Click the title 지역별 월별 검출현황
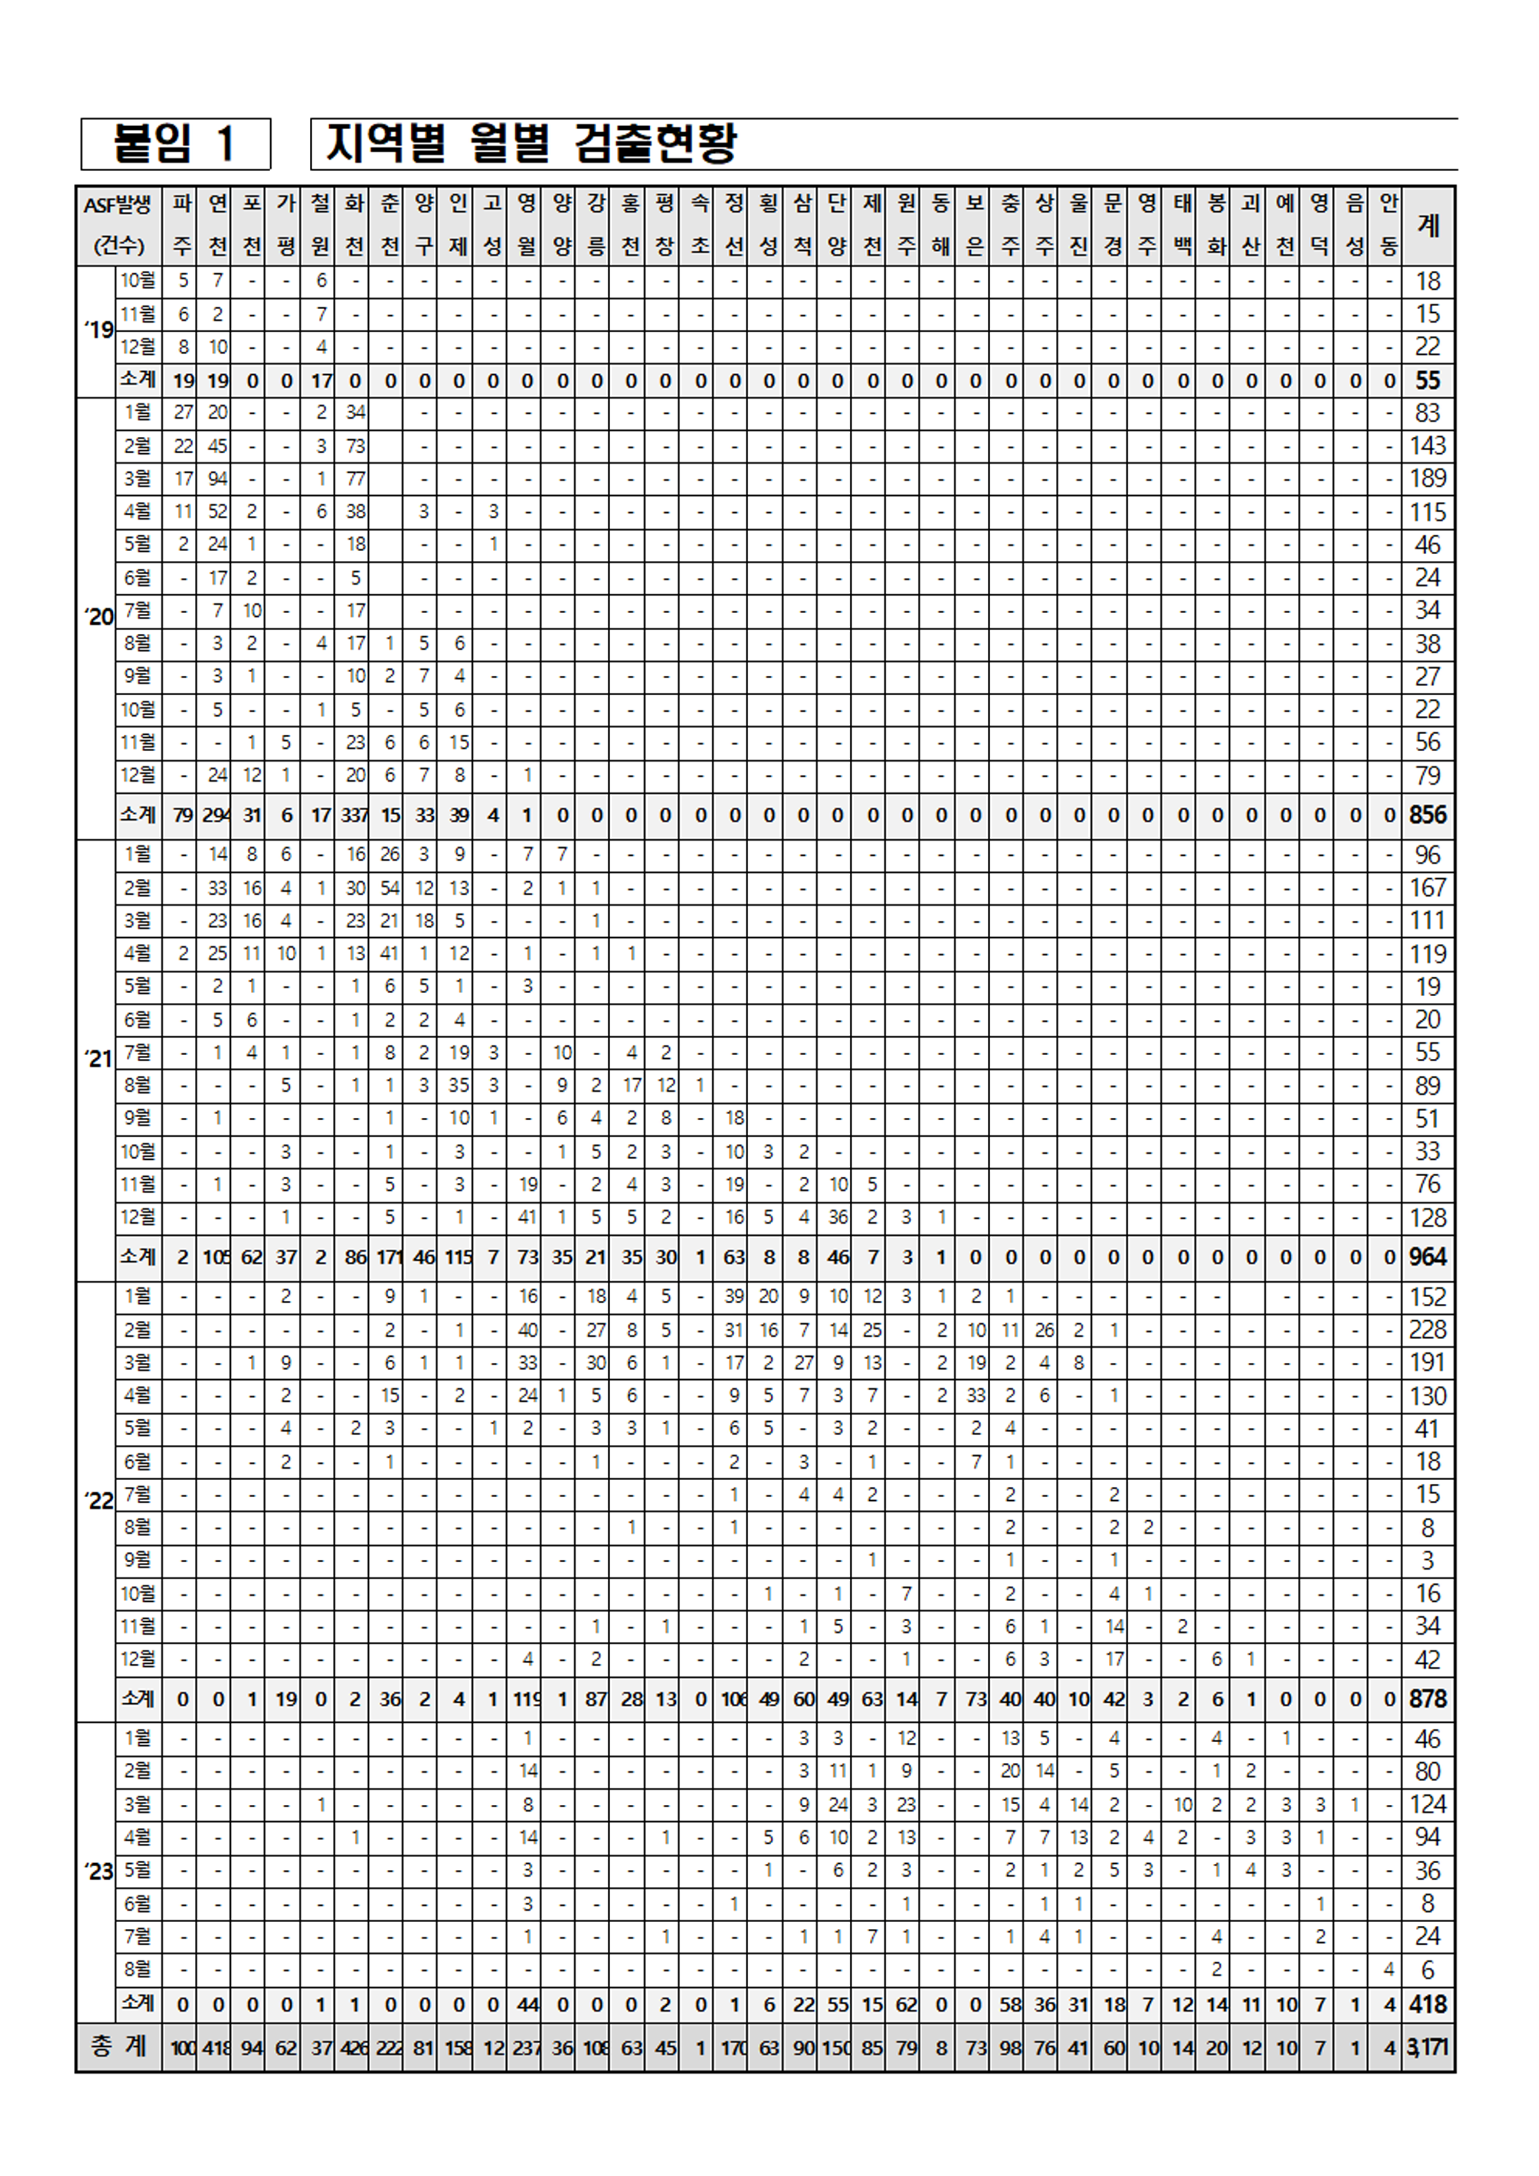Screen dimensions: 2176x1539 [x=531, y=144]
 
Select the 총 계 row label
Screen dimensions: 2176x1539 [x=118, y=2047]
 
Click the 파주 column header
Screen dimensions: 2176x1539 [x=183, y=226]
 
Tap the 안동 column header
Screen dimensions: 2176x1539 [x=1389, y=226]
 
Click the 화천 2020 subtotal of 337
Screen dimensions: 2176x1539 [x=355, y=815]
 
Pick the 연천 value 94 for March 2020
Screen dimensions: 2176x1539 [x=218, y=478]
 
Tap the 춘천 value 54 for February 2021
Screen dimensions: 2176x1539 [x=389, y=888]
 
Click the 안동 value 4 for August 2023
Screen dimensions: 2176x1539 [x=1389, y=1969]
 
